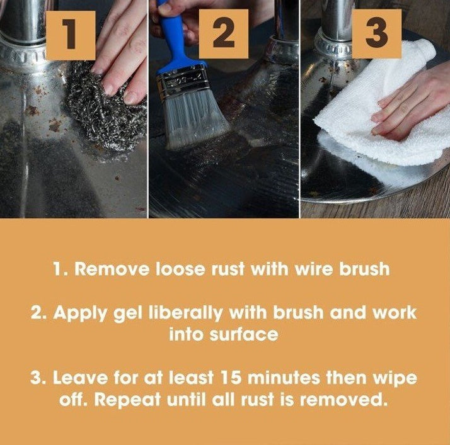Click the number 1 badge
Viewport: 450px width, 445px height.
pos(71,35)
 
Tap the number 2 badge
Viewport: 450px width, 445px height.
pos(222,35)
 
